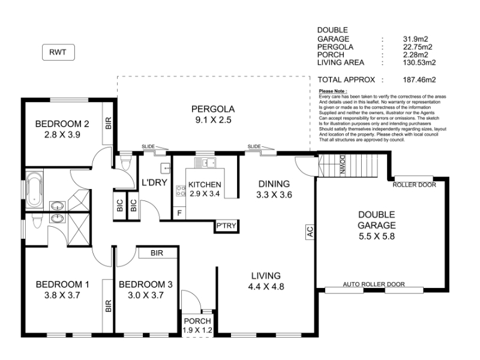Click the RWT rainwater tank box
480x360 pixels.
pos(58,52)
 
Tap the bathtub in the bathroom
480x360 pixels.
pos(34,190)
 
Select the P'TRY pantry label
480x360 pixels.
pos(226,226)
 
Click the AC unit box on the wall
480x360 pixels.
pos(310,232)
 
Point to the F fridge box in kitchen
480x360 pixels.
pos(179,213)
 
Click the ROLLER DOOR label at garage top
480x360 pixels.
pos(414,185)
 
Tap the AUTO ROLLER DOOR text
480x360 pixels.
pos(374,284)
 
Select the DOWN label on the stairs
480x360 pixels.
pos(342,165)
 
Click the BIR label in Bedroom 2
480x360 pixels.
pos(109,124)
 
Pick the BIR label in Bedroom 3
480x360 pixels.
pos(157,253)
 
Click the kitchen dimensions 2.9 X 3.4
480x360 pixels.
pos(205,194)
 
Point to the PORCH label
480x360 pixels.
pos(197,321)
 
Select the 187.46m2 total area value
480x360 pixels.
pos(419,80)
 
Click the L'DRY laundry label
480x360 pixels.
pos(154,182)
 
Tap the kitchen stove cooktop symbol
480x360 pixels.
pos(181,191)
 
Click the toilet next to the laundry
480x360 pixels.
pos(125,162)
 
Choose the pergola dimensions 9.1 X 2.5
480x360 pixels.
pos(214,119)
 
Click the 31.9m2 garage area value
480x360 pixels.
pos(415,39)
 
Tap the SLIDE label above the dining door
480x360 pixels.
pos(254,146)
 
